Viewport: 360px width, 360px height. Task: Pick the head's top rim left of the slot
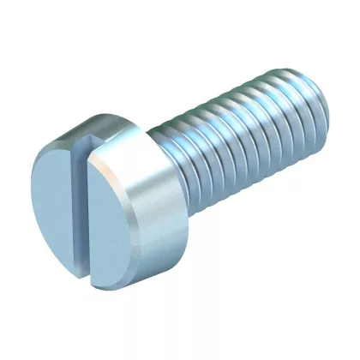[60, 146]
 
